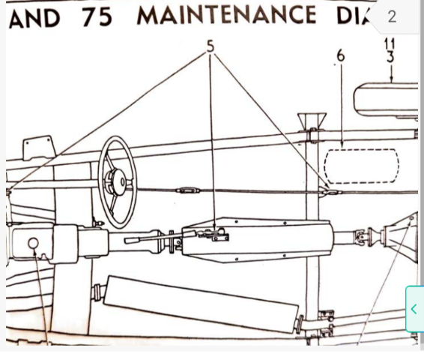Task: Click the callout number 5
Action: click(211, 46)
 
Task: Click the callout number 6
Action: click(341, 56)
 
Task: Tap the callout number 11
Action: click(390, 43)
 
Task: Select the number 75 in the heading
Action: click(97, 16)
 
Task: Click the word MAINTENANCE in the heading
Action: click(226, 15)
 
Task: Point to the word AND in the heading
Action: click(34, 18)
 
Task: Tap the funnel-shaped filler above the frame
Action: click(312, 120)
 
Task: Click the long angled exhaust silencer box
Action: click(202, 304)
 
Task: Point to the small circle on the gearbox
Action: click(33, 243)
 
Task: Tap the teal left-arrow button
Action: click(414, 309)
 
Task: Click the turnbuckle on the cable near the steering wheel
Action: click(188, 190)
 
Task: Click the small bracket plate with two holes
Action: click(39, 148)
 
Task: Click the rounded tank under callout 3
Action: click(386, 100)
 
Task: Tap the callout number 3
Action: click(390, 57)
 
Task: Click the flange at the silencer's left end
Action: click(97, 292)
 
